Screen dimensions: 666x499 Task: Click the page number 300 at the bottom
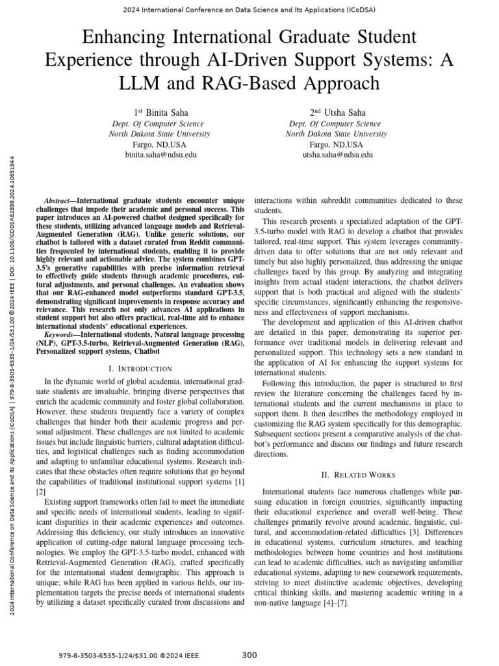click(249, 654)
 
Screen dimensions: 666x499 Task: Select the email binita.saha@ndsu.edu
click(160, 155)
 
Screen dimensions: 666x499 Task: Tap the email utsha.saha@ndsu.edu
click(337, 155)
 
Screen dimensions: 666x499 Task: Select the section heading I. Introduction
click(140, 369)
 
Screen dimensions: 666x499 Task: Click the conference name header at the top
click(249, 10)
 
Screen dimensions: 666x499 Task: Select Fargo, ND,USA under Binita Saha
click(160, 144)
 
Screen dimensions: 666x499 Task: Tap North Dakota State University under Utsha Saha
click(337, 133)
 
